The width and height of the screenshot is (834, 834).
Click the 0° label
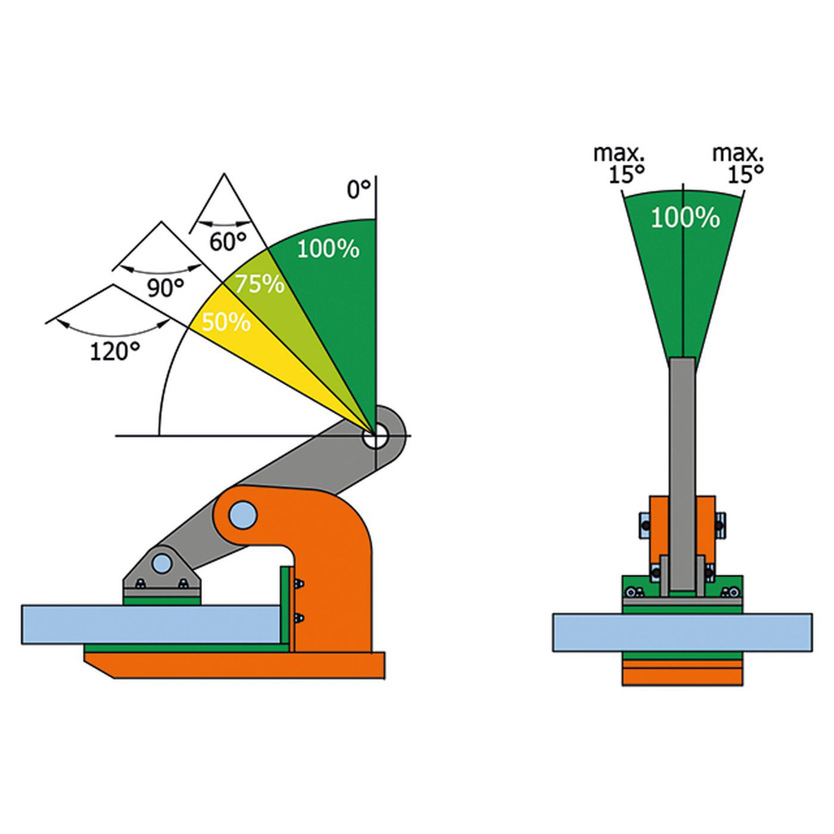[x=359, y=189]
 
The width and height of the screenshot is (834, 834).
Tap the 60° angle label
[x=228, y=241]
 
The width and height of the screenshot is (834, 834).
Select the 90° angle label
[x=165, y=288]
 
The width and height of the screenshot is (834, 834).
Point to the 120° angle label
[x=114, y=351]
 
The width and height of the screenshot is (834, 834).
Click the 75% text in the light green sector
[x=259, y=284]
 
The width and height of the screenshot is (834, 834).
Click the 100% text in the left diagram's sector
[x=328, y=248]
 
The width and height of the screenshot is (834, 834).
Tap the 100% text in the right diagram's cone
[x=684, y=218]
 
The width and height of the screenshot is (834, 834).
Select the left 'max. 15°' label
[x=620, y=163]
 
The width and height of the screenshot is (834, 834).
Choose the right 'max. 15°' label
[x=739, y=163]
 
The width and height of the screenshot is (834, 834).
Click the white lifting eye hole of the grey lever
[x=376, y=437]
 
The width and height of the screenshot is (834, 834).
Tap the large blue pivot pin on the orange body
[x=242, y=515]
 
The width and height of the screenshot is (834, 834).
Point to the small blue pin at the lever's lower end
[x=161, y=562]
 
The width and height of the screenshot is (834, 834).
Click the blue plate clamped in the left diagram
[x=149, y=624]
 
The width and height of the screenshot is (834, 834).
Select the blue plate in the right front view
[x=682, y=632]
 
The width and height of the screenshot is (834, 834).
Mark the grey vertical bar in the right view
[x=682, y=465]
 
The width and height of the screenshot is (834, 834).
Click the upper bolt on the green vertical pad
[x=299, y=585]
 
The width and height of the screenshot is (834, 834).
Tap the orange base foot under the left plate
[x=238, y=665]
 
